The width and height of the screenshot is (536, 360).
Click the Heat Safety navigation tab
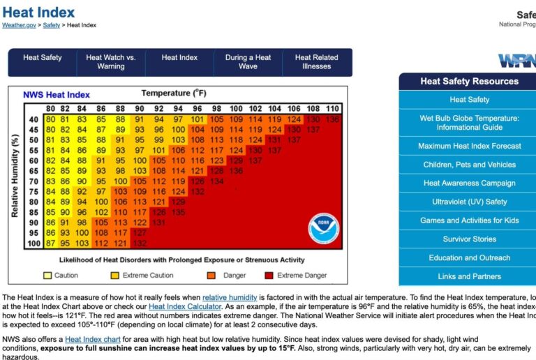coord(43,58)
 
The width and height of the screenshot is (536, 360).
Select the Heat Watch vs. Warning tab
coord(111,62)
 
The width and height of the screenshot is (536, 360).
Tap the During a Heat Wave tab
coord(248,62)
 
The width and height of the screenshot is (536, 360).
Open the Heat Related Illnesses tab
coord(316,62)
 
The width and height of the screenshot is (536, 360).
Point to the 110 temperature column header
coord(332,109)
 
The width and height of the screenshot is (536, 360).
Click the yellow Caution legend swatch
coord(47,275)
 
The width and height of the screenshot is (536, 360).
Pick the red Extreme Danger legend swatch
coord(269,275)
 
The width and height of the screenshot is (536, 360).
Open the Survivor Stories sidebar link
coord(469,239)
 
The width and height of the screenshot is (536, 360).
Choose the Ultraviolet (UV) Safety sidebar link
coord(469,202)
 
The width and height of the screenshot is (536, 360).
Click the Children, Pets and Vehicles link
coord(469,165)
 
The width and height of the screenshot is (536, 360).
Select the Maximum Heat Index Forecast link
coord(469,146)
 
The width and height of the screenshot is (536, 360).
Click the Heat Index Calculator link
coord(185,306)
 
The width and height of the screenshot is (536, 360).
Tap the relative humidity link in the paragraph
coord(230,297)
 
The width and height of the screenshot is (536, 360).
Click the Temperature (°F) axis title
coord(174,93)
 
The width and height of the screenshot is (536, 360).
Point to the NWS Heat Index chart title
coord(57,95)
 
